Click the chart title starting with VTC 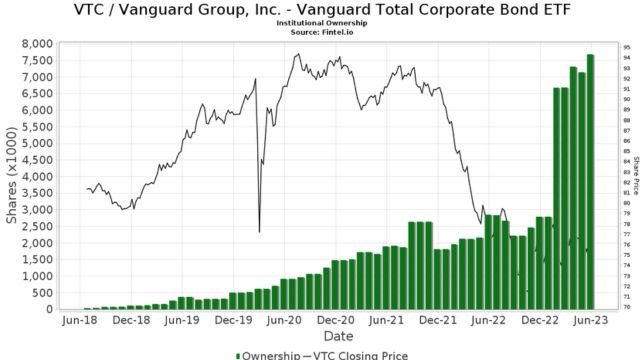(320, 10)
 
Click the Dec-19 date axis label (232, 321)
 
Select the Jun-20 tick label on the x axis (284, 321)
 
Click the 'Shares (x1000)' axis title (11, 176)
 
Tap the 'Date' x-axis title (336, 336)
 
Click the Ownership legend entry (268, 354)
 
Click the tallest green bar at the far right (591, 180)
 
